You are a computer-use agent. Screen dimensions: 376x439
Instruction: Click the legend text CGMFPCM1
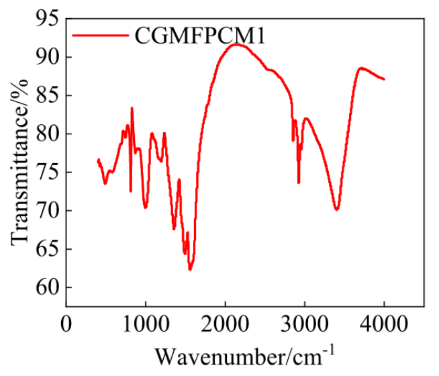(x=200, y=36)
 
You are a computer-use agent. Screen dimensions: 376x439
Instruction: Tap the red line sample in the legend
(x=101, y=36)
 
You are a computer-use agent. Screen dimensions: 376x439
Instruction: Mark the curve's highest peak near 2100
(x=235, y=44)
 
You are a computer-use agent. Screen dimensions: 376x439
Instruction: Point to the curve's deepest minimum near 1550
(x=190, y=269)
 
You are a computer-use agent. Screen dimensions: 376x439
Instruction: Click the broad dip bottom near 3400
(x=336, y=209)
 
